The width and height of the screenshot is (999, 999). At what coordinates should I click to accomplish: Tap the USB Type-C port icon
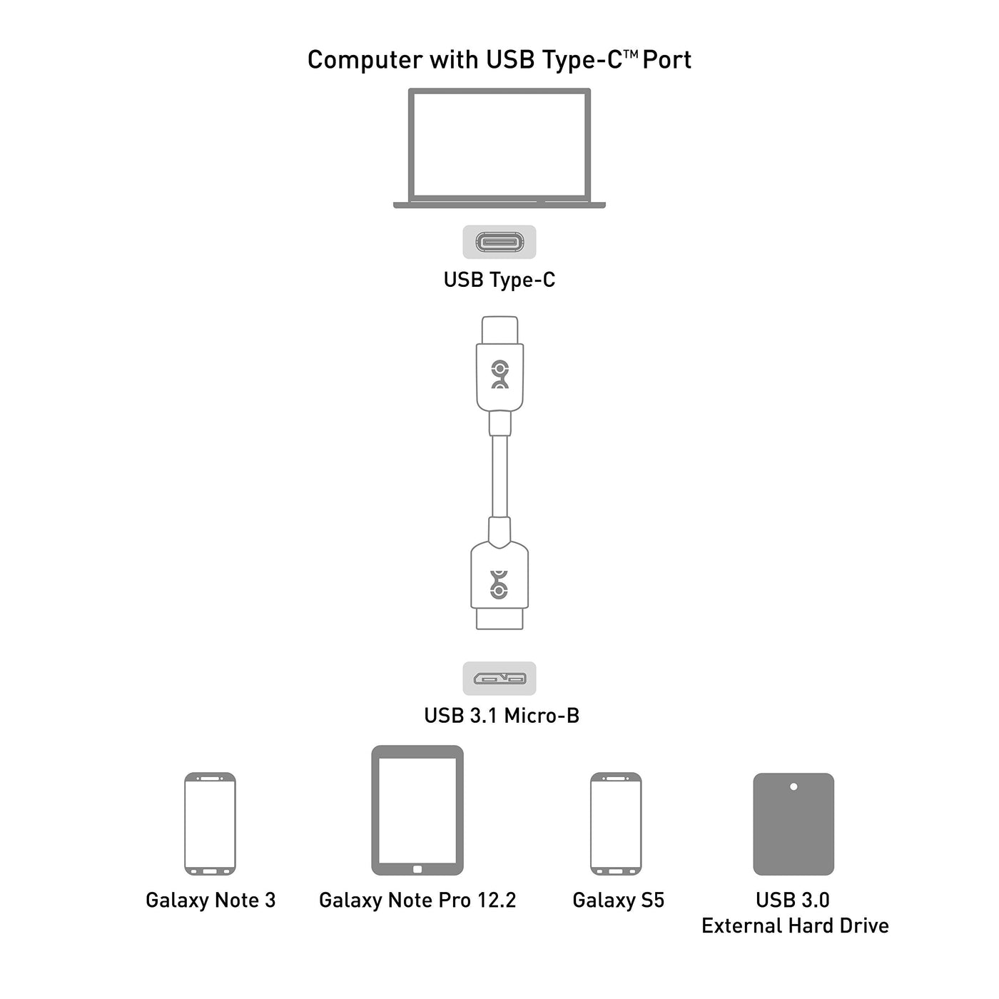click(x=499, y=242)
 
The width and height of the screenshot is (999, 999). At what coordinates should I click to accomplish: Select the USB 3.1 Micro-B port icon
click(x=499, y=678)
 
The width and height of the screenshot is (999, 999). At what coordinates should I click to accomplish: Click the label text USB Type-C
click(x=499, y=280)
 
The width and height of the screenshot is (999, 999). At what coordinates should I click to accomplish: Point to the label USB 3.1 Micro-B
click(x=502, y=715)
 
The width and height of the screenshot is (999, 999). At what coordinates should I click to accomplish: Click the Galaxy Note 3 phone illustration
click(x=210, y=823)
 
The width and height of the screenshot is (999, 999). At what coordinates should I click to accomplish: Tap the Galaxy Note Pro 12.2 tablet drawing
click(x=417, y=810)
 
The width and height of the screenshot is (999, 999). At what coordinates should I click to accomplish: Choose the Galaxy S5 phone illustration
click(x=616, y=823)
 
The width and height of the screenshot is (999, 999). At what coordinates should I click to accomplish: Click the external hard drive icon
click(x=793, y=824)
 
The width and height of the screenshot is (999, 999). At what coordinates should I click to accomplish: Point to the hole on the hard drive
click(x=793, y=787)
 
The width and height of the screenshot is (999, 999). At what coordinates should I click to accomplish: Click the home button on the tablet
click(x=417, y=869)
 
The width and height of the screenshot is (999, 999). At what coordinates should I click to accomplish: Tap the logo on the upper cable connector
click(x=500, y=374)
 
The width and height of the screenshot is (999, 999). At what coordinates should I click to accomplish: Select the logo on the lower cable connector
click(x=499, y=584)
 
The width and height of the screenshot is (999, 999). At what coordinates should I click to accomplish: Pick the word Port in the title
click(x=666, y=60)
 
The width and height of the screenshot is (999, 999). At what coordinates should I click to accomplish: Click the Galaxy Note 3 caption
click(x=211, y=901)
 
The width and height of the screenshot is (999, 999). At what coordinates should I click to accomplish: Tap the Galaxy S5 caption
click(x=618, y=901)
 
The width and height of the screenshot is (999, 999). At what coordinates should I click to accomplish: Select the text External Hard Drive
click(x=795, y=926)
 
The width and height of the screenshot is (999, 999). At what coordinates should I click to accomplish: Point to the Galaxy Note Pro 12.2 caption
click(x=417, y=901)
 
